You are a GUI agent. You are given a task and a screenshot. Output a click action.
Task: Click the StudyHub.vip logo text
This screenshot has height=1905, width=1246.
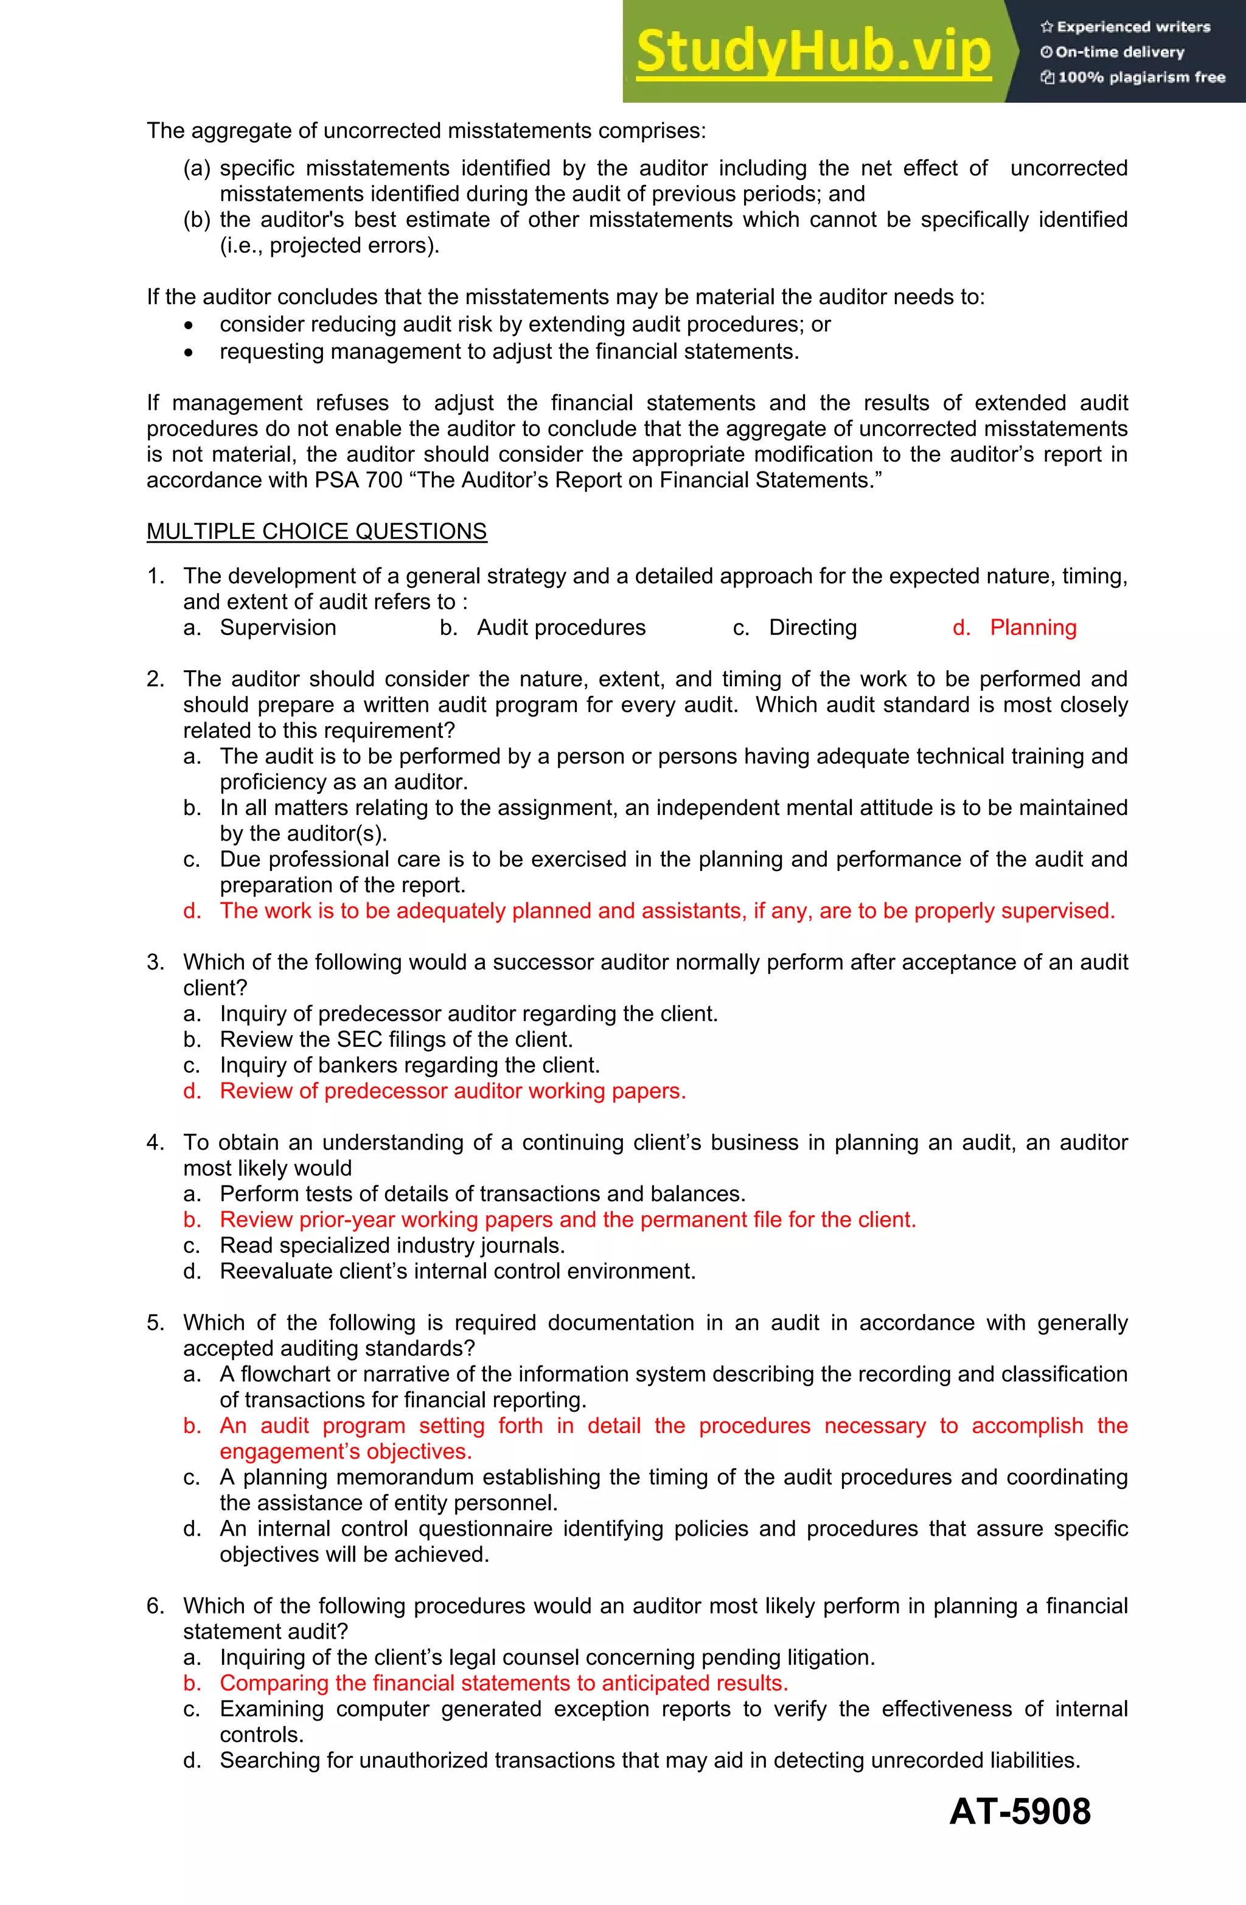pos(813,51)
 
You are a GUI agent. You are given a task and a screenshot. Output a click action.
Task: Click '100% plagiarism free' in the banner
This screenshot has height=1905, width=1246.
pos(1133,78)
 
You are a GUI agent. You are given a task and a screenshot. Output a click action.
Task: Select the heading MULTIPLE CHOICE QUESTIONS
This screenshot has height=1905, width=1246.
pos(316,532)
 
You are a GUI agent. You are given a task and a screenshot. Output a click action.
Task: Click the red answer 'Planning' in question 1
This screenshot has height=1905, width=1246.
pos(1033,628)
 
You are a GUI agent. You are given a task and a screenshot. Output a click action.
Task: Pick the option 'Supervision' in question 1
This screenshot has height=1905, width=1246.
pos(278,628)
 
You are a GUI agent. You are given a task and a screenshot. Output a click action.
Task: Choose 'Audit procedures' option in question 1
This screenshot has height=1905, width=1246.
pos(560,628)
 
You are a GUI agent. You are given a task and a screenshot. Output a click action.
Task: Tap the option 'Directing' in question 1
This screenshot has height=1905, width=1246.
pos(812,628)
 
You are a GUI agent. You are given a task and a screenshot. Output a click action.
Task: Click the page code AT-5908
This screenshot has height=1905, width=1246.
pos(1020,1811)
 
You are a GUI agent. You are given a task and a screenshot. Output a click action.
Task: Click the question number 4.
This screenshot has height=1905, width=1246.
pos(155,1142)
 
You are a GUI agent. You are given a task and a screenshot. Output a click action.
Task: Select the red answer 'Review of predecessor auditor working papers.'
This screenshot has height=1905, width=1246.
pos(453,1091)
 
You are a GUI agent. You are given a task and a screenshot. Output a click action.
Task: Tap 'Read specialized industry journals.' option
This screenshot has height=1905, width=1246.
pos(392,1246)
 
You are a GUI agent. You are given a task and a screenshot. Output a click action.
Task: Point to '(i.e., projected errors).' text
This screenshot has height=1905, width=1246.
pos(329,246)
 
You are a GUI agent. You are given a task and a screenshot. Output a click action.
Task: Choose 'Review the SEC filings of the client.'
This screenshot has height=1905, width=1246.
pos(397,1039)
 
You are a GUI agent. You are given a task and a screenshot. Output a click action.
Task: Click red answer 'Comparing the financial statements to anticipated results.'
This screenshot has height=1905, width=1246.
pos(504,1683)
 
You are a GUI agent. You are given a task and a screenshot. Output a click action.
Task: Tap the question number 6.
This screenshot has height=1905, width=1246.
pos(155,1606)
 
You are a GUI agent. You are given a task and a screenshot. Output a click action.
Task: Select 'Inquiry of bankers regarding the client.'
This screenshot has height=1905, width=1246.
pos(409,1066)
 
